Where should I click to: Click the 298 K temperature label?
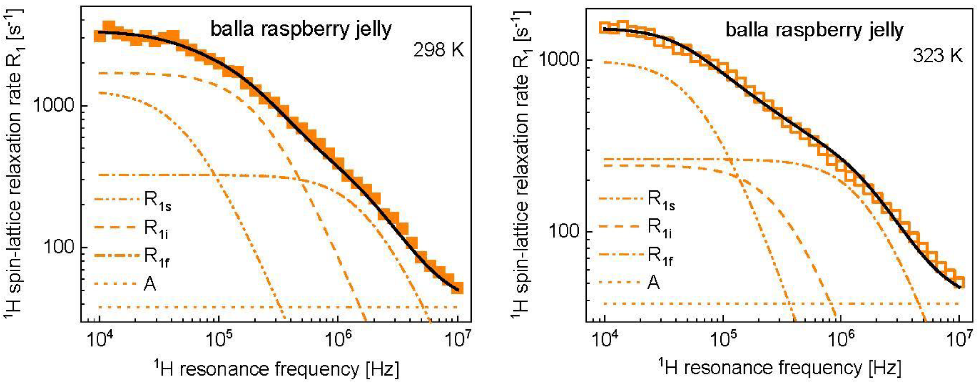[x=439, y=50]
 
